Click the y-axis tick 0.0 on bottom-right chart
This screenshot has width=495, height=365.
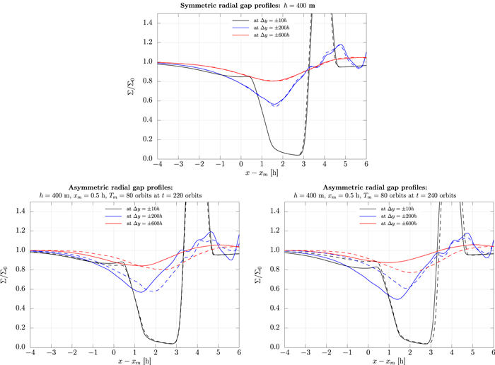click(x=267, y=347)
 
